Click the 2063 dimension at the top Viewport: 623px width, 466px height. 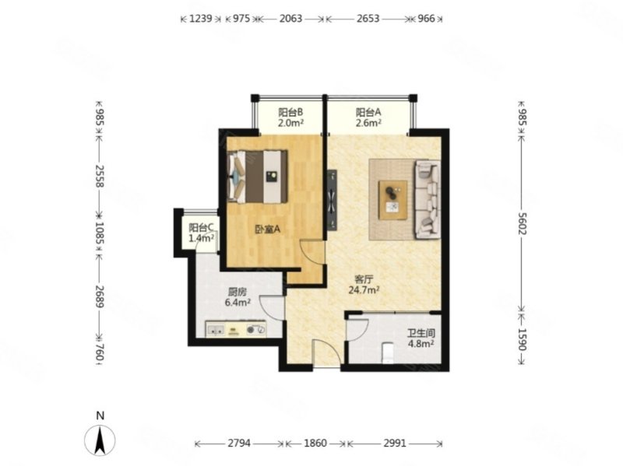pos(290,19)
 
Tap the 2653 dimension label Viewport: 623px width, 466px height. pos(368,19)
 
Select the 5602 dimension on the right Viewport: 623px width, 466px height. pos(522,223)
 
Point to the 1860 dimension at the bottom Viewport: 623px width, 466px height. pos(315,443)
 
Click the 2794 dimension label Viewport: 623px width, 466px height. pos(239,443)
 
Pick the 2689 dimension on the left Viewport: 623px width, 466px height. pos(100,296)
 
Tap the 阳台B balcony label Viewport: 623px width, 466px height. pos(290,112)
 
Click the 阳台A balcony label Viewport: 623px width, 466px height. pos(368,112)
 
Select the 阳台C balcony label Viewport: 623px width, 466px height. pos(202,227)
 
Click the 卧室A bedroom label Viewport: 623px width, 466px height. pos(267,229)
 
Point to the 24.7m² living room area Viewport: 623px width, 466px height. pos(364,290)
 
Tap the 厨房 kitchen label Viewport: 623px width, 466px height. pos(238,293)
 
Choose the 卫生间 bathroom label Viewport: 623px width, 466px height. pos(421,334)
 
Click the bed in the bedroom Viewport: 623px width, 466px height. pos(258,177)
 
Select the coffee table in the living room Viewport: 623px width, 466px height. pos(392,200)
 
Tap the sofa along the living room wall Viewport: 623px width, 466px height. pos(428,199)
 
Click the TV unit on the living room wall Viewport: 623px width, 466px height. pos(332,200)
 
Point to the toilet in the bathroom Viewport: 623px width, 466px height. pos(387,352)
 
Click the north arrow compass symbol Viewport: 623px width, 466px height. pos(100,440)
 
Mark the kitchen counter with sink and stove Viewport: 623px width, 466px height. pos(236,329)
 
